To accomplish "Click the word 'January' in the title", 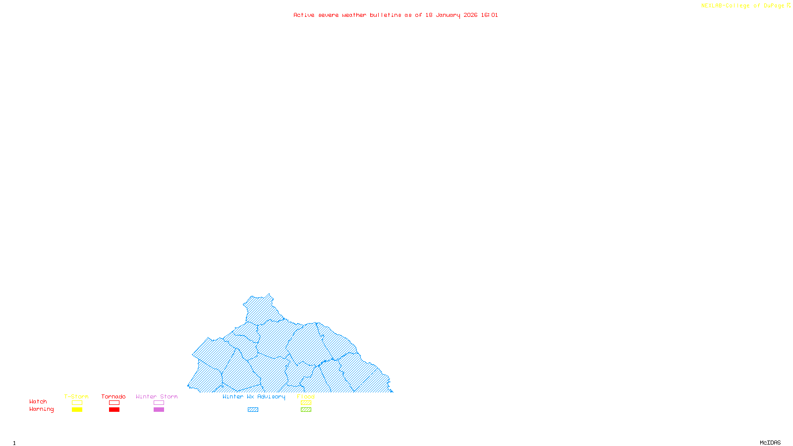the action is click(x=448, y=15).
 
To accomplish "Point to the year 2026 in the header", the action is click(x=470, y=15).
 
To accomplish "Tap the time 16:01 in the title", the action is click(x=489, y=15).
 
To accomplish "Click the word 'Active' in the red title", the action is click(x=304, y=15).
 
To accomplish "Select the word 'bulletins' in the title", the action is click(x=385, y=15).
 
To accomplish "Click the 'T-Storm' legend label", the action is click(x=76, y=396).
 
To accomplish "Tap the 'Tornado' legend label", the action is click(x=113, y=396).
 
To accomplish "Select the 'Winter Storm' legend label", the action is click(x=157, y=396).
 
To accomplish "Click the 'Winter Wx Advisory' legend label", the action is click(x=254, y=396).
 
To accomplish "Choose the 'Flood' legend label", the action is click(x=306, y=396).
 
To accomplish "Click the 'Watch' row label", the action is click(x=38, y=401).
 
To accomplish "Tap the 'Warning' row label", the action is click(x=42, y=409).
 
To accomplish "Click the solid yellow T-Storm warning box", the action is click(x=77, y=410).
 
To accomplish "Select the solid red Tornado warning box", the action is click(x=114, y=410).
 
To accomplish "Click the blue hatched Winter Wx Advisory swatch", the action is click(x=253, y=410).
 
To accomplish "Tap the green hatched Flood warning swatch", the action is click(x=306, y=410).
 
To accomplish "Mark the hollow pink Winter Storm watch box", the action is click(x=159, y=403).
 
